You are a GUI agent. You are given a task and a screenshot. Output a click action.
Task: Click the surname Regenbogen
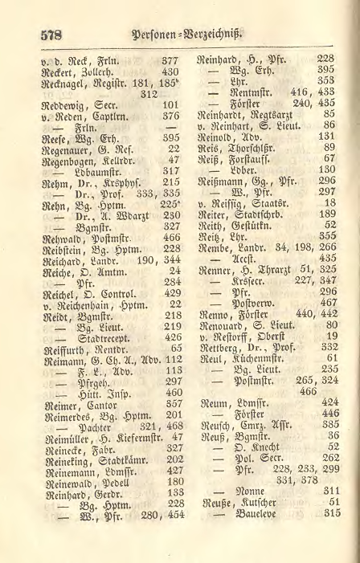pyautogui.click(x=67, y=159)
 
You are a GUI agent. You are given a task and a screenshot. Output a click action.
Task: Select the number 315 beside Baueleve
pyautogui.click(x=332, y=535)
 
